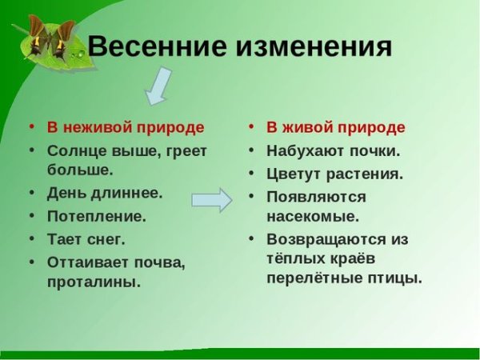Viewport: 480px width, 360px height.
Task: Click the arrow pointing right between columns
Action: (211, 199)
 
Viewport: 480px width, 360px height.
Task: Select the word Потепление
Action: (97, 216)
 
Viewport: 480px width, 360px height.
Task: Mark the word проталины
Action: (94, 281)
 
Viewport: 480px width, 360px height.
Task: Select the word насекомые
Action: (313, 215)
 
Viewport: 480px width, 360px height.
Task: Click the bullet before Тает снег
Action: (30, 239)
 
